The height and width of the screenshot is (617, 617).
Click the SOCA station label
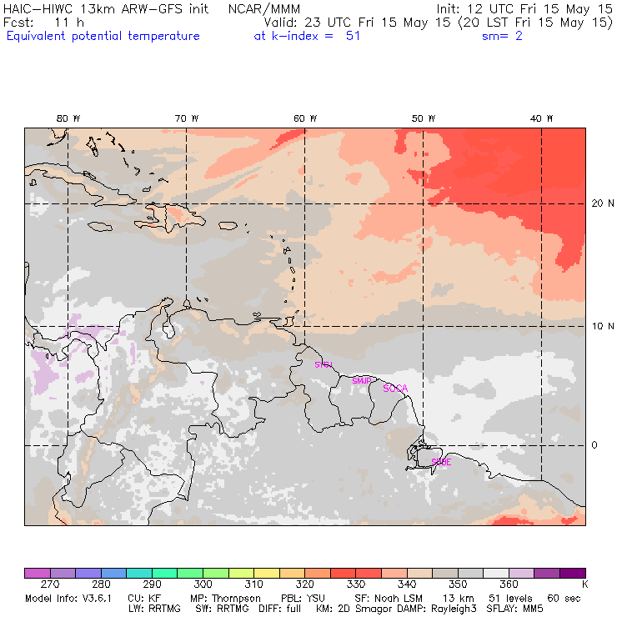click(395, 389)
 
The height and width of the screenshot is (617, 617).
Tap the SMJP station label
click(362, 381)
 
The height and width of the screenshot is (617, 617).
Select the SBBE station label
click(441, 461)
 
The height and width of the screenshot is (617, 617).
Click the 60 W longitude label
click(305, 118)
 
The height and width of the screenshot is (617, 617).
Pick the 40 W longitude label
click(542, 118)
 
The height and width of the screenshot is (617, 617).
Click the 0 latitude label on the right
click(594, 445)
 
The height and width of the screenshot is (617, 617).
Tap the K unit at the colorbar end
click(584, 584)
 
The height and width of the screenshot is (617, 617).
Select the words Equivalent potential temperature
click(103, 36)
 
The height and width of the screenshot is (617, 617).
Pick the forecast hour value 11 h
click(64, 23)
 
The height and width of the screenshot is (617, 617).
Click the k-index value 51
click(353, 36)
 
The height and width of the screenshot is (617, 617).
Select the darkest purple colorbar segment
click(573, 573)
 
